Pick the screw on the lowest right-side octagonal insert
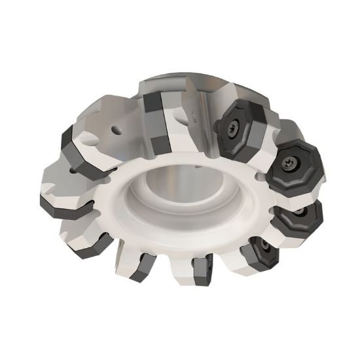[x=264, y=247]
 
